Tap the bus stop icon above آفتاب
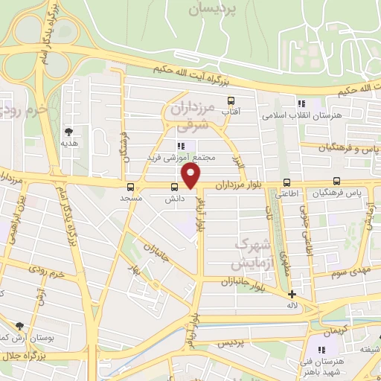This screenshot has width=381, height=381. pos(231,100)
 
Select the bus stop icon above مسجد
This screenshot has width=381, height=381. pos(131,187)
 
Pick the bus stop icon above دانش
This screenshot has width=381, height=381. pos(174,187)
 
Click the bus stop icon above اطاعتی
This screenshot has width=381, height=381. pos(286,182)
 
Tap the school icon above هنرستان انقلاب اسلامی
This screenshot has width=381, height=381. pos(301,104)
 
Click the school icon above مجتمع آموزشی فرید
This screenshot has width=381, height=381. pos(181,146)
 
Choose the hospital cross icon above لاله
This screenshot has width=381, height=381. pos(292,294)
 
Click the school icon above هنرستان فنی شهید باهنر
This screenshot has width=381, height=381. pos(323,350)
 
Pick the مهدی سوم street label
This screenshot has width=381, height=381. pos(350,269)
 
